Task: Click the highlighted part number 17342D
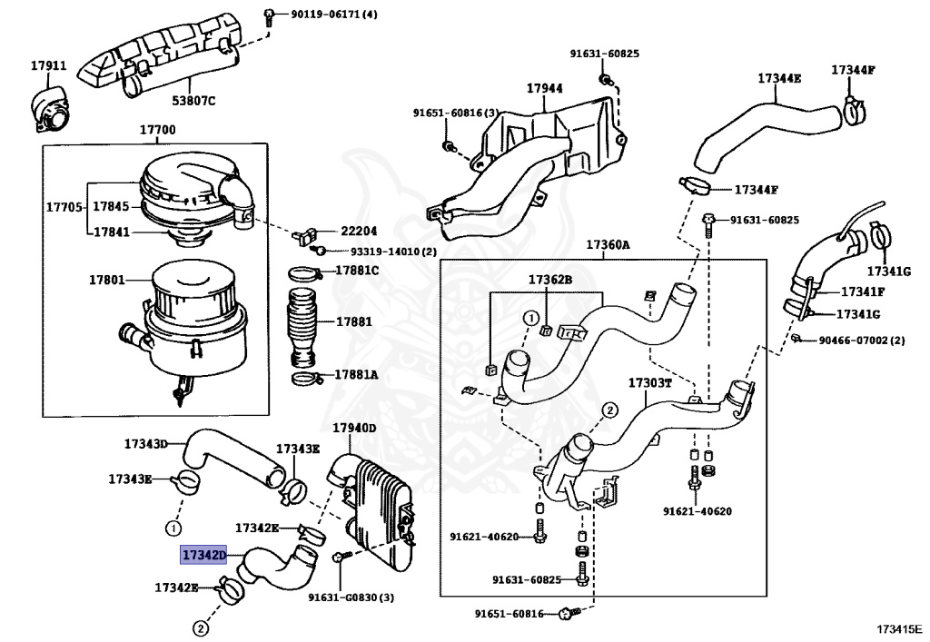204,555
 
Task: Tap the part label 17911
49,65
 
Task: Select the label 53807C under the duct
194,100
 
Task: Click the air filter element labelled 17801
196,321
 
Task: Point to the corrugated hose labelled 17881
303,327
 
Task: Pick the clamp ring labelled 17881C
305,274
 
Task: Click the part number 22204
358,232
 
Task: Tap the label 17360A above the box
608,244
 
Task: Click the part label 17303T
649,383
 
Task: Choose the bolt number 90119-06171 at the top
326,14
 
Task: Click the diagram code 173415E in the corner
900,628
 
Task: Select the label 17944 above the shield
545,88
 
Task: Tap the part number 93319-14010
385,252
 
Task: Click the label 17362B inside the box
549,279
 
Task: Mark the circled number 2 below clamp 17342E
201,628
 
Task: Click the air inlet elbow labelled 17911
49,111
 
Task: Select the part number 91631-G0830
342,597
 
